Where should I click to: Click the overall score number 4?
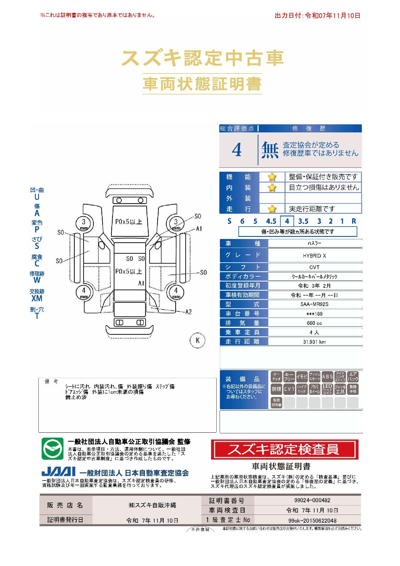click(x=237, y=150)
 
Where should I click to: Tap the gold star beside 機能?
click(x=272, y=177)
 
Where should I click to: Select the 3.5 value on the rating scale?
click(x=303, y=221)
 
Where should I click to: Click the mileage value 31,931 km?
click(x=314, y=342)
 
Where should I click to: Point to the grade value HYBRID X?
click(x=314, y=256)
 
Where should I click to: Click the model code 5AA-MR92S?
click(x=314, y=304)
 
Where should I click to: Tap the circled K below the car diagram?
click(x=198, y=340)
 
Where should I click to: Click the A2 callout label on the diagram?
click(x=188, y=312)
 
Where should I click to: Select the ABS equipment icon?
click(x=327, y=377)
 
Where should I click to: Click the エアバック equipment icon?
click(x=353, y=377)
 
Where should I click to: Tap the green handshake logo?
click(x=52, y=449)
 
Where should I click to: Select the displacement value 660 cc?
click(x=314, y=323)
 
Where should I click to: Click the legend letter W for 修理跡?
click(x=37, y=280)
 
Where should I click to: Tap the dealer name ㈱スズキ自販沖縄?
click(x=152, y=505)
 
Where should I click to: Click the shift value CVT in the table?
click(x=314, y=267)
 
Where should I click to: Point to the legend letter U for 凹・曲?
click(x=37, y=197)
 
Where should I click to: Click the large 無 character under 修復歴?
click(x=270, y=150)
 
